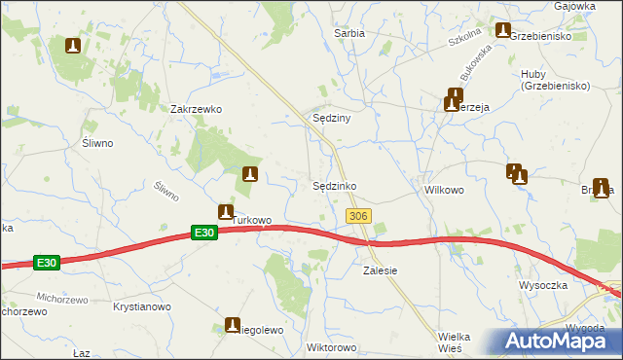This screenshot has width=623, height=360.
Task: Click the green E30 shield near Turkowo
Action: tap(202, 233)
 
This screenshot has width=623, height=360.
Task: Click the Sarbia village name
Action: tap(349, 33)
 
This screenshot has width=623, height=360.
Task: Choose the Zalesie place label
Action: tap(380, 270)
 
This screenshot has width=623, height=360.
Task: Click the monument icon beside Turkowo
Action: tap(226, 211)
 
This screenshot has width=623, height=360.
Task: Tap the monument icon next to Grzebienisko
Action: tap(502, 30)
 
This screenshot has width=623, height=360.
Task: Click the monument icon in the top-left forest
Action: tap(73, 45)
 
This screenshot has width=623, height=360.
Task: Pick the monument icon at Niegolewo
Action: tap(233, 325)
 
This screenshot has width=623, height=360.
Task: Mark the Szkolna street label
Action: tap(465, 41)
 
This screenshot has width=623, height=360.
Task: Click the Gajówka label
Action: tap(574, 6)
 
